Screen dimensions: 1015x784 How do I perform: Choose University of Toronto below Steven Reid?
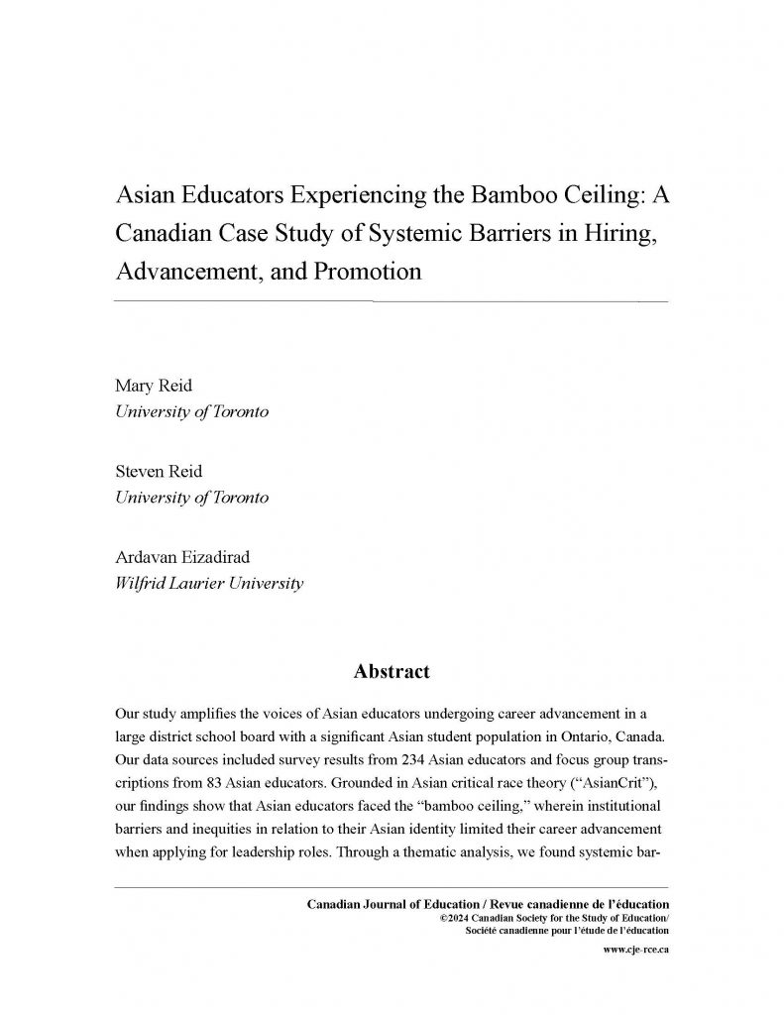192,498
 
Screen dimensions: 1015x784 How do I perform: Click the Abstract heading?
392,672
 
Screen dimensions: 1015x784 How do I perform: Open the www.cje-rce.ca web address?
635,950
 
